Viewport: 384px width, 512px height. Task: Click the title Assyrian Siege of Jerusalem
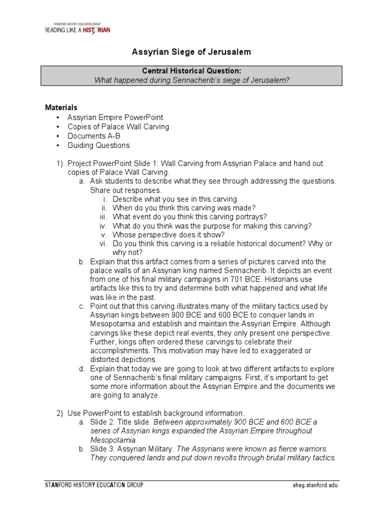pos(191,52)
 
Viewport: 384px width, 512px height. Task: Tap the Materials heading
pos(61,107)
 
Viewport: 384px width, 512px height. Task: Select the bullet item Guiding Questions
pos(98,145)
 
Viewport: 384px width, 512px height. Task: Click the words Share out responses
pos(126,190)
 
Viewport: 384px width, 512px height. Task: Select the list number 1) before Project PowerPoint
pos(59,163)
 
